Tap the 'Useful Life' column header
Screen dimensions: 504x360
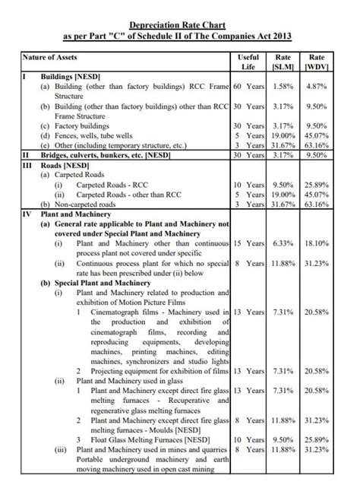point(248,62)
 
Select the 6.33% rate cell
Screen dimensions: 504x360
point(283,243)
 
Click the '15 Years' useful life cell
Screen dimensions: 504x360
point(248,243)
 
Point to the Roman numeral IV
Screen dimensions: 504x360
point(25,214)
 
